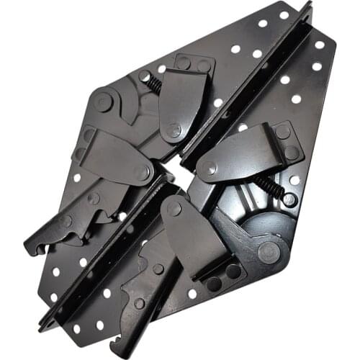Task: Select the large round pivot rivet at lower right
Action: tap(268, 251)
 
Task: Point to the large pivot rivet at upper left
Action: tap(102, 102)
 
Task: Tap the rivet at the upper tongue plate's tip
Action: tap(173, 130)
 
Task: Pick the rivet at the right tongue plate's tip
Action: tap(210, 168)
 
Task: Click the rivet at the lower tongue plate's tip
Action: tap(174, 210)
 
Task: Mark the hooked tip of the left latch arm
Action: tap(32, 249)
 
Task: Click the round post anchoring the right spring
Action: tap(289, 199)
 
